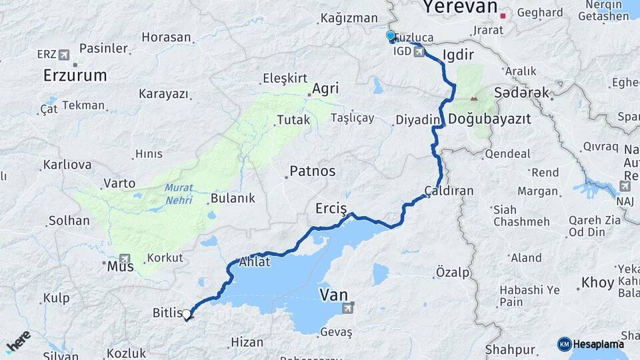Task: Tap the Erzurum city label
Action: [75, 75]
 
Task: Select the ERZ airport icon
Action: [64, 54]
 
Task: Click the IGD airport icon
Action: [419, 51]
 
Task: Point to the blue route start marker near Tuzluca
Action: [391, 35]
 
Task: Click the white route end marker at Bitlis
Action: [187, 314]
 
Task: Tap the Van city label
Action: [333, 294]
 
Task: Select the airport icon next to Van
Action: [347, 308]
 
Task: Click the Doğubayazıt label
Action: [489, 119]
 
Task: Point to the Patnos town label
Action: [312, 171]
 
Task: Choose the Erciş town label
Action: [331, 209]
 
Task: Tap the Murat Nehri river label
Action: [179, 193]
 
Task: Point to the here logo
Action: [18, 341]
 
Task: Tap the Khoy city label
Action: [597, 283]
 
